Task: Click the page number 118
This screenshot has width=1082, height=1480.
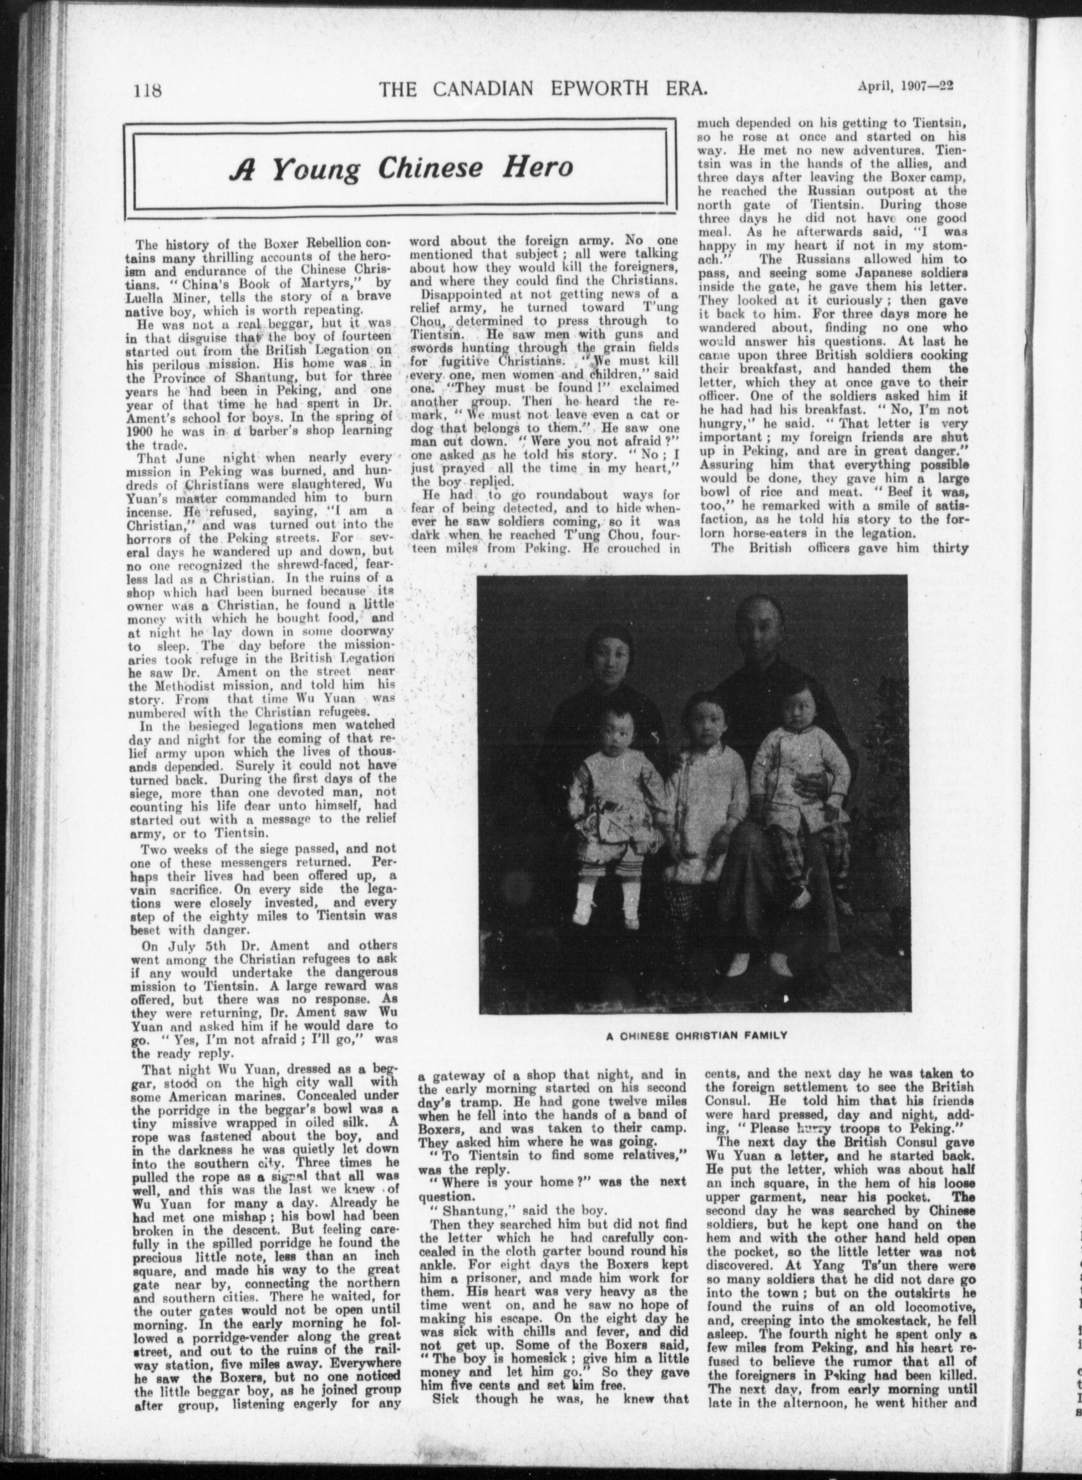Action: tap(147, 89)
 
